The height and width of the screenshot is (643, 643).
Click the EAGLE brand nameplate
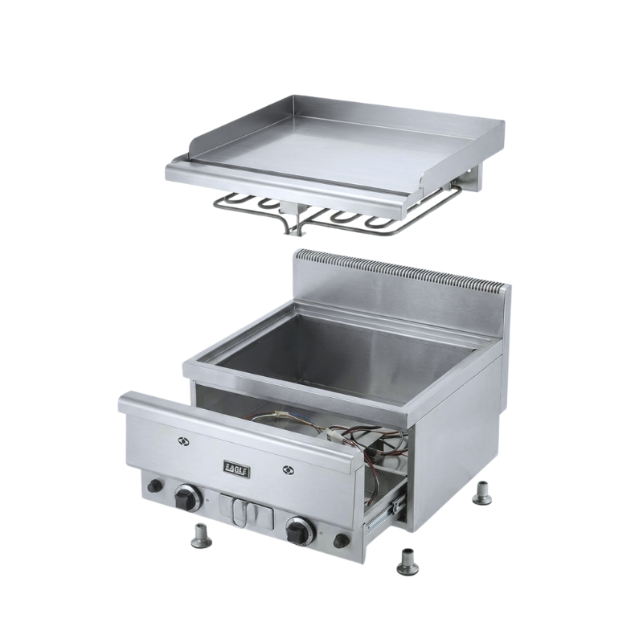tap(236, 469)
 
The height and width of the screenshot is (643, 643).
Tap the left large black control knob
tap(186, 498)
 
